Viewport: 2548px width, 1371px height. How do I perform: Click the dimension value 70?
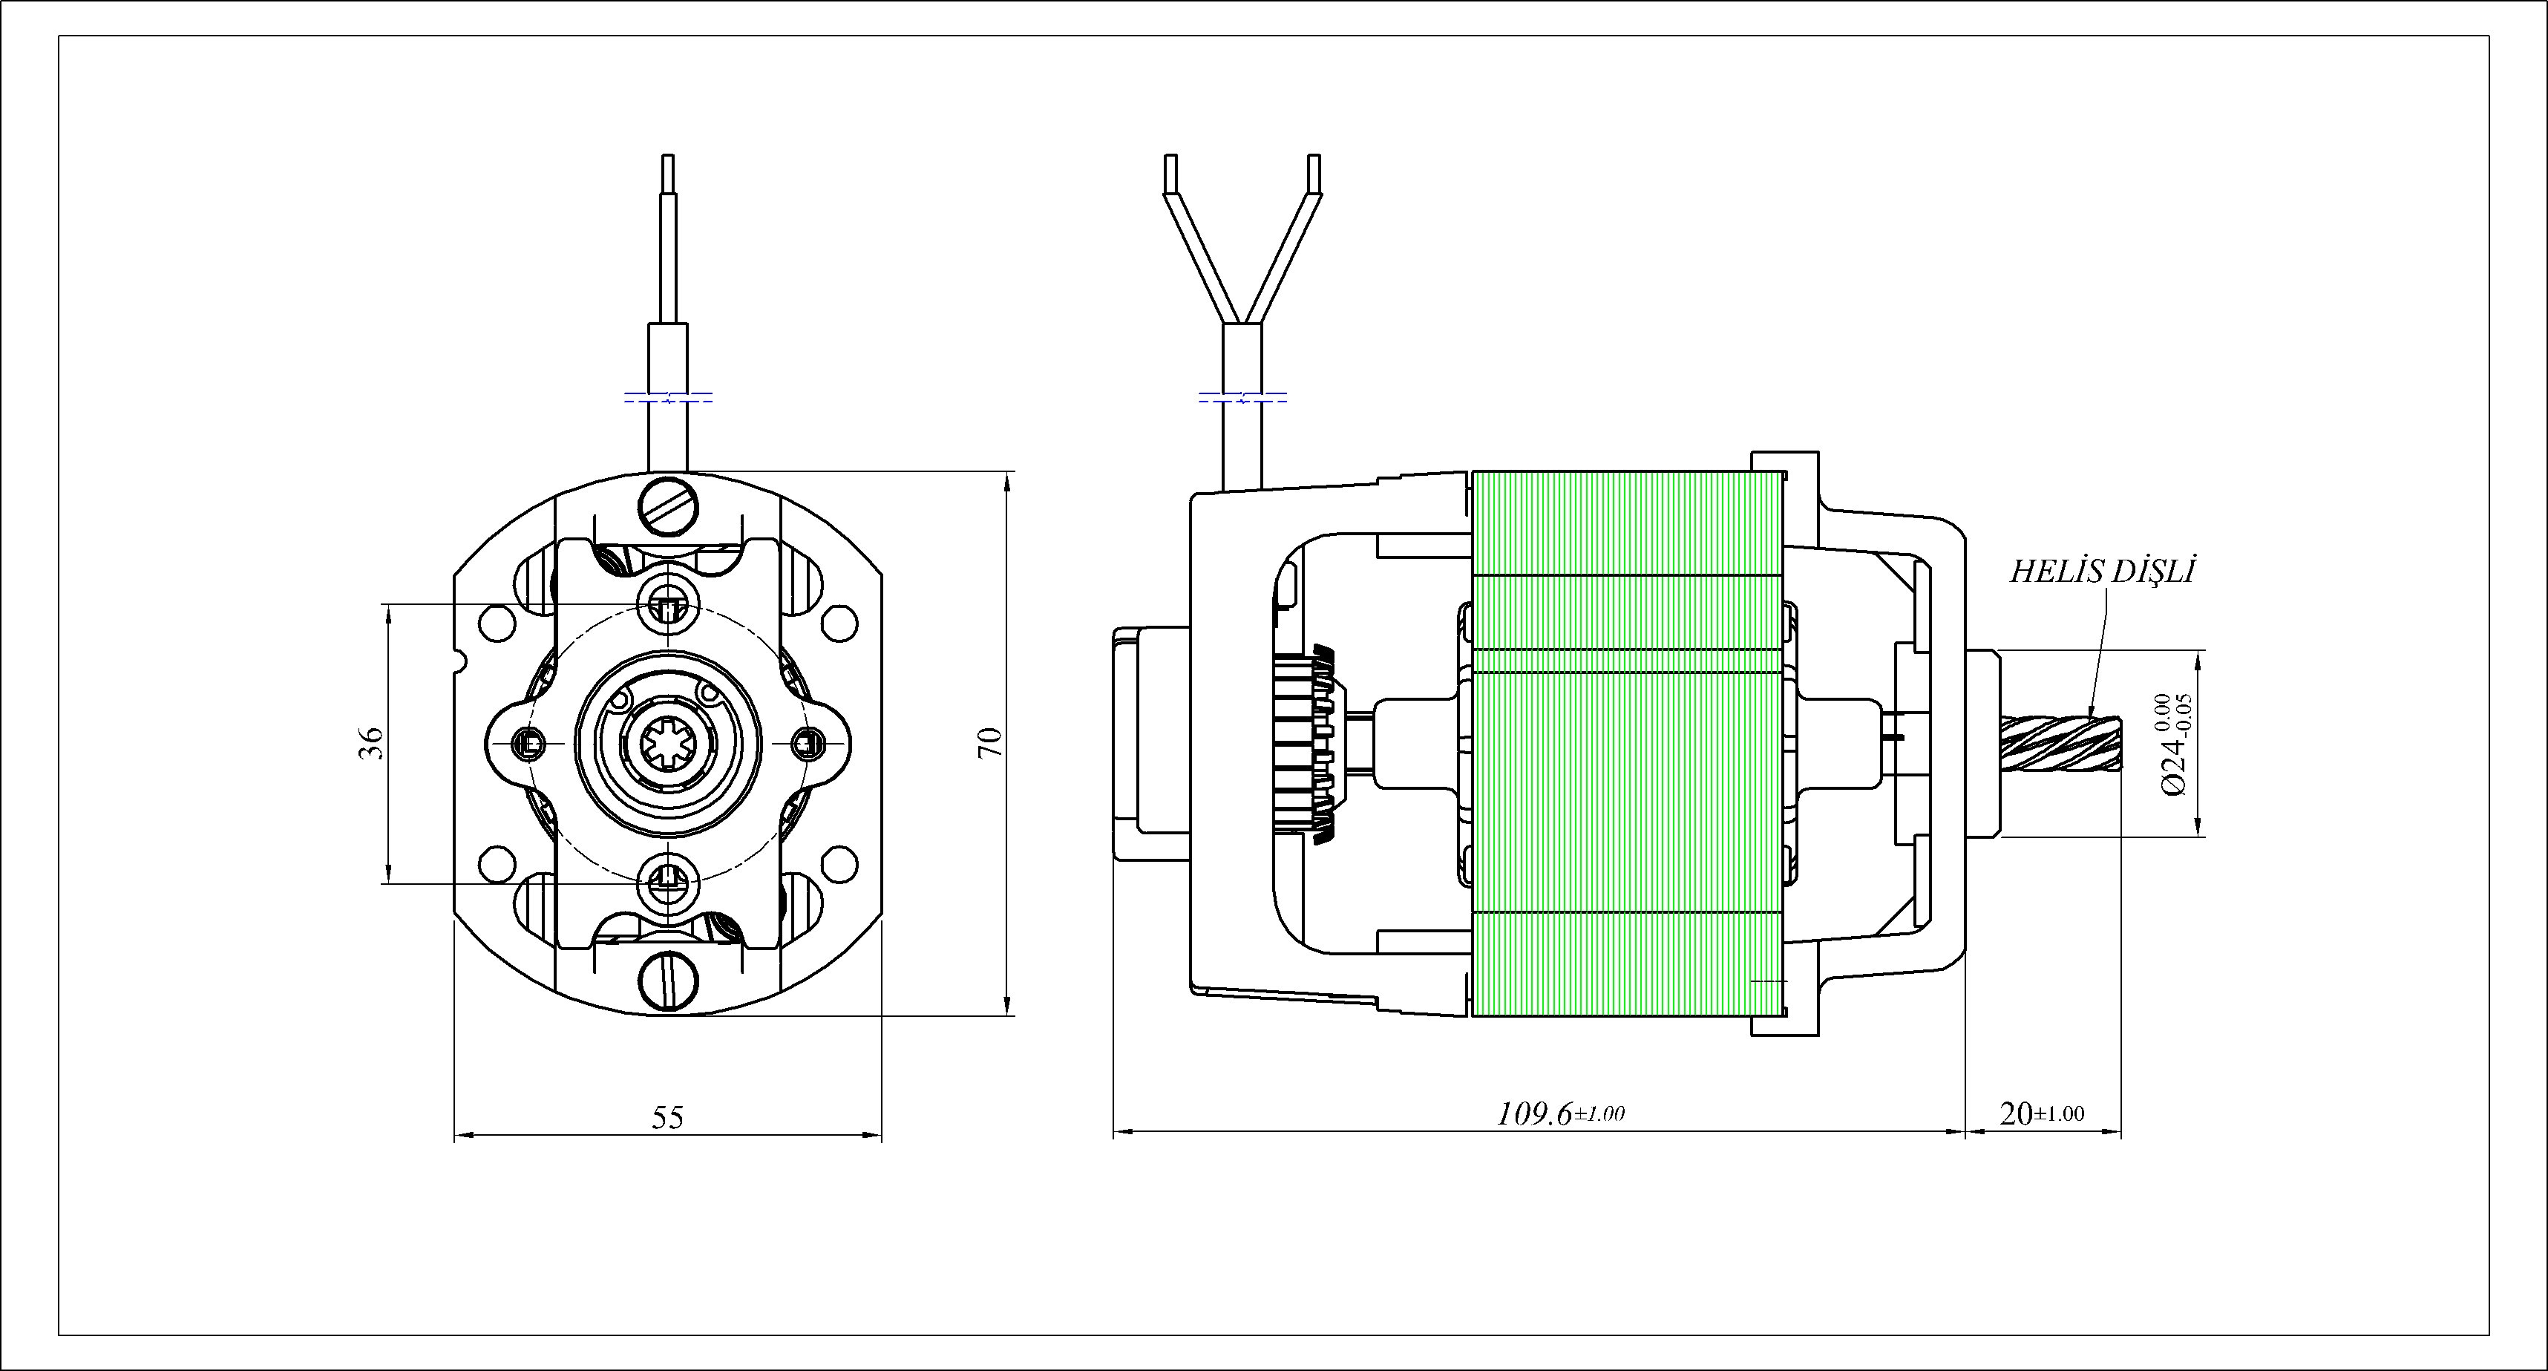[990, 742]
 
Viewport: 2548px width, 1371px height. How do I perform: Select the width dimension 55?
[668, 1118]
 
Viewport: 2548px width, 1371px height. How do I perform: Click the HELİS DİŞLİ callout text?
[2101, 572]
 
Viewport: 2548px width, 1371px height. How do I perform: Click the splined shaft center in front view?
[669, 742]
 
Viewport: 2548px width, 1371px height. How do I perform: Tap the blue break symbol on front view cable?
[669, 399]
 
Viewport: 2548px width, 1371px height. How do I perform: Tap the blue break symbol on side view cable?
[1242, 399]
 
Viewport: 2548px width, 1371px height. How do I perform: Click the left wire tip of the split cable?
[1171, 173]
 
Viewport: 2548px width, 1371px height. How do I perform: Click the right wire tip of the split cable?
[1314, 173]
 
